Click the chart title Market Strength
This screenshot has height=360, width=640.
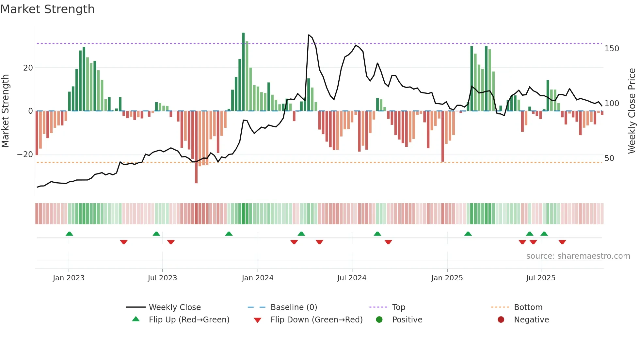point(47,9)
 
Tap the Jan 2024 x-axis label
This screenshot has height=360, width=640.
point(258,278)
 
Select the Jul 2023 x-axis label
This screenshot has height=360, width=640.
point(162,278)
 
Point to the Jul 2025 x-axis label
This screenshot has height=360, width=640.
point(541,278)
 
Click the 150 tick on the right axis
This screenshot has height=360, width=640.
point(612,49)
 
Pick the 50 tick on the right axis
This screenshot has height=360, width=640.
point(609,158)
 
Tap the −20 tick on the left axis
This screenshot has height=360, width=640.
point(25,155)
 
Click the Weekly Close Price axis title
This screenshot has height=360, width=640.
point(632,111)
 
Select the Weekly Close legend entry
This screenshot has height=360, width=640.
point(175,307)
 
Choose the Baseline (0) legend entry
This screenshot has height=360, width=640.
point(294,307)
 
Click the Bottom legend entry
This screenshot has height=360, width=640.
point(528,307)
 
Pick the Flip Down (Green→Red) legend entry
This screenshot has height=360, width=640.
point(316,320)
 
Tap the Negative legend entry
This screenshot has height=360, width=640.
point(531,320)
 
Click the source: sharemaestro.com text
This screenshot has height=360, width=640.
point(578,256)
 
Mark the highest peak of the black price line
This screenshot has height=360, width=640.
point(309,35)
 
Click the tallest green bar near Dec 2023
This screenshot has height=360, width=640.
point(243,72)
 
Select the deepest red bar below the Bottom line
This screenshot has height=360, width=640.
point(196,147)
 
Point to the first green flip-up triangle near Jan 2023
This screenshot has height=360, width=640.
point(69,234)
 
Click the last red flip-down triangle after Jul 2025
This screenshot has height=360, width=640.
point(562,242)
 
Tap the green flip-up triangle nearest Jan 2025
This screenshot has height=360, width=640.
point(468,234)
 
